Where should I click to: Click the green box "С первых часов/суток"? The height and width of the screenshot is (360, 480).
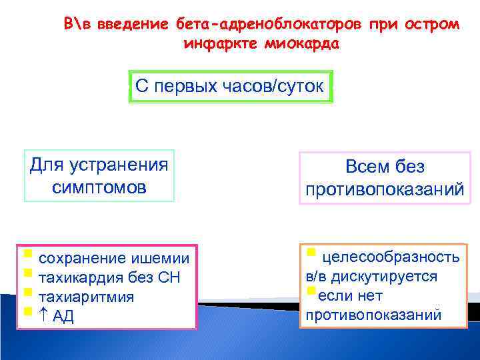click(x=231, y=86)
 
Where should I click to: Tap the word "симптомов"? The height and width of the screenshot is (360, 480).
click(x=99, y=187)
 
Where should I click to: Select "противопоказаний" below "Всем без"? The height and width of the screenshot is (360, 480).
click(x=385, y=190)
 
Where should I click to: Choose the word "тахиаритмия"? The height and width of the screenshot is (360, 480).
click(x=87, y=297)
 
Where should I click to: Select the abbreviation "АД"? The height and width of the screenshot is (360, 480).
click(x=63, y=317)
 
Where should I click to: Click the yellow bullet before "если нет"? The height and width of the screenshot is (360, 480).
click(x=309, y=291)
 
